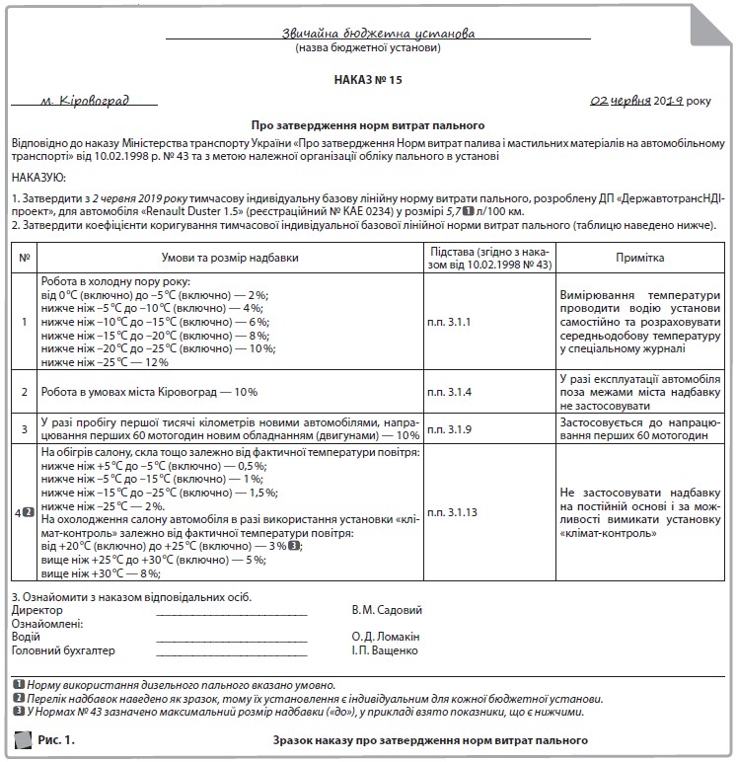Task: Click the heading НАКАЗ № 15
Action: coord(368,79)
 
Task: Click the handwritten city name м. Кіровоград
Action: coord(85,101)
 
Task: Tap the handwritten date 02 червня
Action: coord(620,101)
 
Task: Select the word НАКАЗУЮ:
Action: coord(39,178)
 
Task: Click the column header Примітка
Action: coord(640,258)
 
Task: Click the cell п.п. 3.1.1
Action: coord(450,322)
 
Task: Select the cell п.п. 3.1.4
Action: coord(450,392)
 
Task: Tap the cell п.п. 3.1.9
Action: coord(450,429)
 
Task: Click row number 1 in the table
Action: coord(25,322)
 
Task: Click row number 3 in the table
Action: coord(25,429)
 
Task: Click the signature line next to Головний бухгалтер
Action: coord(232,652)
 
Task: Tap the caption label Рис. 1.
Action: coord(56,739)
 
